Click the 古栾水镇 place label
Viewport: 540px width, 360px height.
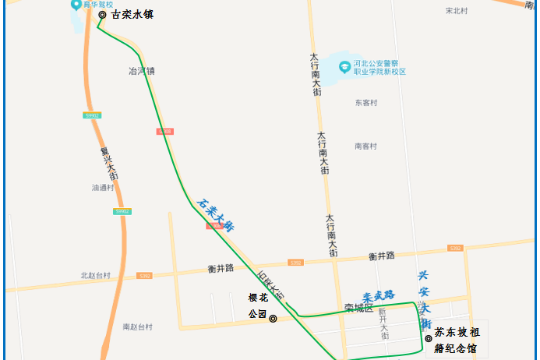[x=132, y=14]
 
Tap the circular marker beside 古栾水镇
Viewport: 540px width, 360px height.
[x=102, y=14]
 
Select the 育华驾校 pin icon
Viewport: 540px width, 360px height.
[x=75, y=5]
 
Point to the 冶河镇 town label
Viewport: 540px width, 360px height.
[x=141, y=71]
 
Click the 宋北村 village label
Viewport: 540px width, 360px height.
[x=456, y=11]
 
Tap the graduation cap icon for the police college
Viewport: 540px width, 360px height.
[x=343, y=66]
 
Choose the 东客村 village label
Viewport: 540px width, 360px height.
[x=365, y=102]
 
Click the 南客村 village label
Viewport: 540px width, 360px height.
[x=365, y=146]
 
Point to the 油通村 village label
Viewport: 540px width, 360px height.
[x=102, y=188]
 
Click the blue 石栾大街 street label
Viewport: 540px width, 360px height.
[x=216, y=215]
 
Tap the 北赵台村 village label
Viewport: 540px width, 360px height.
[x=95, y=276]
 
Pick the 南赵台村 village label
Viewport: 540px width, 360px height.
[x=137, y=326]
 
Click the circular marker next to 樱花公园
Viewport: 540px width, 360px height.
[x=273, y=318]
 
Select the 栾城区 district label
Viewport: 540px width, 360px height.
[x=359, y=308]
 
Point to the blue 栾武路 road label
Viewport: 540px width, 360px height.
[x=379, y=295]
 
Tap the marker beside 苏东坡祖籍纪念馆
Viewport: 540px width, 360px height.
[x=428, y=337]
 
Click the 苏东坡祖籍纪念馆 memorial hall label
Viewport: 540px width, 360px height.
[x=461, y=340]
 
